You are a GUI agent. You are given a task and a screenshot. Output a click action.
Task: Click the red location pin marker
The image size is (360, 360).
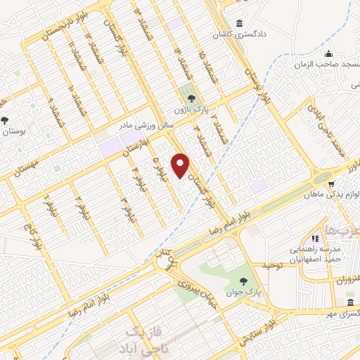tap(181, 165)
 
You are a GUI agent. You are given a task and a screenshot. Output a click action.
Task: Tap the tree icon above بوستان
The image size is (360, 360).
tap(6, 120)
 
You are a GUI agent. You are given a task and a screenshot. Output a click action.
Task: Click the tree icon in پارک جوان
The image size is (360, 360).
tap(233, 278)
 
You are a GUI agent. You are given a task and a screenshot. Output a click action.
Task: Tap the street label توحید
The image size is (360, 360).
tap(271, 266)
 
